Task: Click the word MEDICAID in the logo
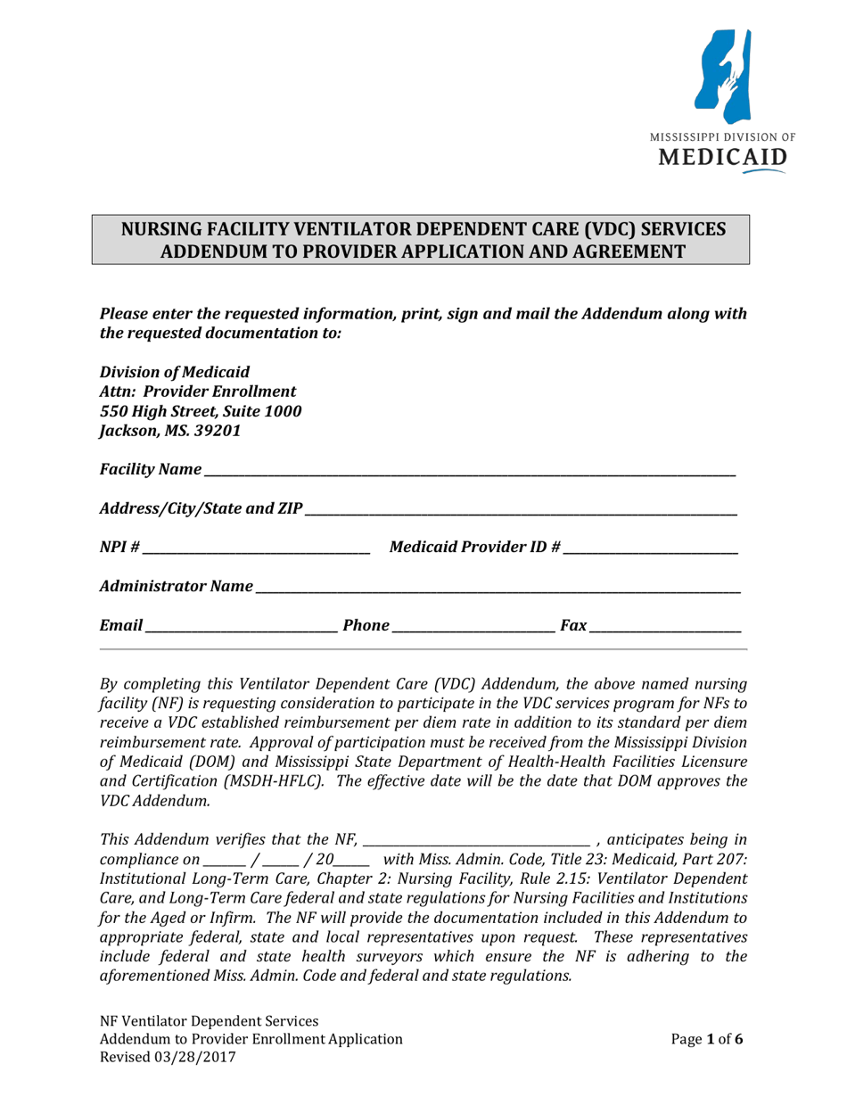pos(722,159)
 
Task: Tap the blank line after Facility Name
pos(469,470)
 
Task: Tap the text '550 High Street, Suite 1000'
pos(201,411)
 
